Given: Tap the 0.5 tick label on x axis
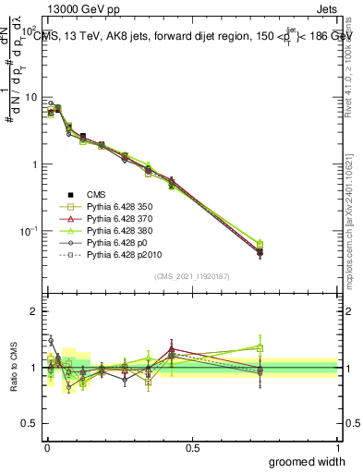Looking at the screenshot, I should tap(192, 448).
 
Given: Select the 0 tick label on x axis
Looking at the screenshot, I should tap(46, 448).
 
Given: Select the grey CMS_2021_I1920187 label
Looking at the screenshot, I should tap(191, 276).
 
